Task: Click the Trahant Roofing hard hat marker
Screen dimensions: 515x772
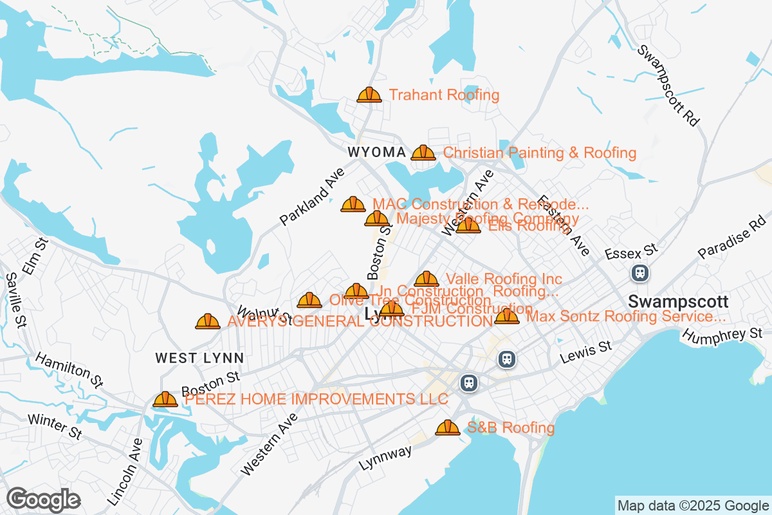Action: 369,95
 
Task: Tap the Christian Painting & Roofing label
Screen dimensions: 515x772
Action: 540,153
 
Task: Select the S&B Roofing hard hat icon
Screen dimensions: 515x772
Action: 448,427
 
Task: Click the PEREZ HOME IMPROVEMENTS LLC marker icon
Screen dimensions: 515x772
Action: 165,400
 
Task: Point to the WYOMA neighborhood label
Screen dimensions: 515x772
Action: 376,153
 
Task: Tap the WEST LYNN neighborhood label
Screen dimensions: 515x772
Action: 199,358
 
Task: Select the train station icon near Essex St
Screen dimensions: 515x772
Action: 640,273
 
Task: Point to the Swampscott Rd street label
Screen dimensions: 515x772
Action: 667,86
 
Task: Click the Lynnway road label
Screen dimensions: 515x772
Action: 385,458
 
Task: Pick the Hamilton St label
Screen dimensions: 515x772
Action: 69,370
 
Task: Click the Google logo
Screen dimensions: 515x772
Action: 43,500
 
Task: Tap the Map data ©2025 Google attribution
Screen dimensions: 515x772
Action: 692,505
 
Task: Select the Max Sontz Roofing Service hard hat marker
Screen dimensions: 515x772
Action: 507,316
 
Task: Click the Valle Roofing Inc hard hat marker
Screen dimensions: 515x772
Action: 427,279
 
